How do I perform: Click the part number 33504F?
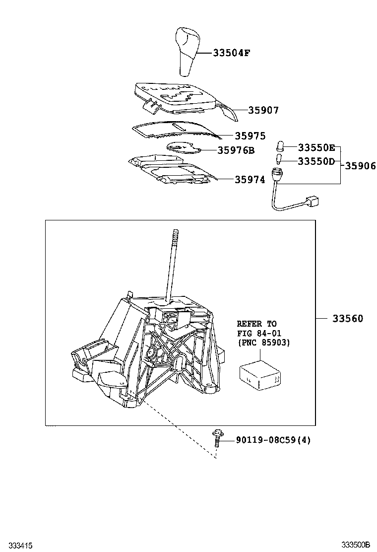tap(231, 52)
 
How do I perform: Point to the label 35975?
tap(250, 136)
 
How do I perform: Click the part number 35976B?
tap(236, 150)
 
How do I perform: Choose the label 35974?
tap(250, 180)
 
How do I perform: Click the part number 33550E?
tap(316, 147)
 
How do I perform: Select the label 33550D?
tap(316, 161)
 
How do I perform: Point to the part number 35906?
tap(360, 166)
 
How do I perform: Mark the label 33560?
tap(347, 319)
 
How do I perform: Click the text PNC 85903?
tap(264, 343)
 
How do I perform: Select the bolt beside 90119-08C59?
tap(217, 439)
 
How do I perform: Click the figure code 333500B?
tap(355, 545)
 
